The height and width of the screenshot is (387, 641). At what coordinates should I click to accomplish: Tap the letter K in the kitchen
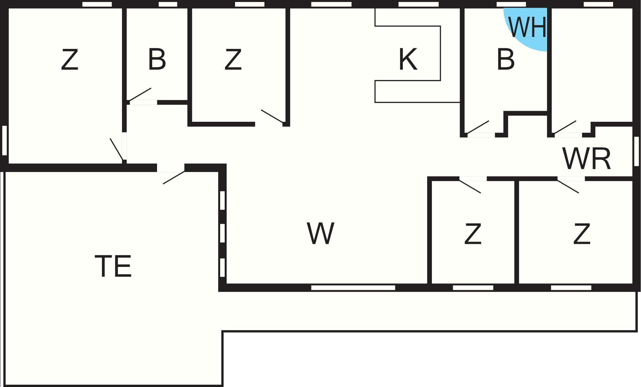pyautogui.click(x=408, y=59)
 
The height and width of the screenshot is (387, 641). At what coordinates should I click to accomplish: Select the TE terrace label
pyautogui.click(x=113, y=266)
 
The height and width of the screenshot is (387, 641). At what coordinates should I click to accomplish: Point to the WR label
pyautogui.click(x=587, y=159)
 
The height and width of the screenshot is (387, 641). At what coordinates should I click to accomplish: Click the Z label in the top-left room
pyautogui.click(x=70, y=59)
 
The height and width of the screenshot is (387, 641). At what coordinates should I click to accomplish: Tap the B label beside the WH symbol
pyautogui.click(x=506, y=59)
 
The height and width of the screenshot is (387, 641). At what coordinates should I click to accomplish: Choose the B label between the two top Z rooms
pyautogui.click(x=157, y=59)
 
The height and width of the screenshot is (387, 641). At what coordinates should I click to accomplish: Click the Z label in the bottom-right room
pyautogui.click(x=582, y=233)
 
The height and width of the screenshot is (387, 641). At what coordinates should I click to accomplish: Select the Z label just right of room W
pyautogui.click(x=473, y=233)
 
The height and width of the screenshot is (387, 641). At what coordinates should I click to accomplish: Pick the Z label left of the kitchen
pyautogui.click(x=233, y=59)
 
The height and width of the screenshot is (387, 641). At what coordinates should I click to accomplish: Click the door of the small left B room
pyautogui.click(x=141, y=96)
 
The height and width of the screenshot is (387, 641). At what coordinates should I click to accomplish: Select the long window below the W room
pyautogui.click(x=353, y=288)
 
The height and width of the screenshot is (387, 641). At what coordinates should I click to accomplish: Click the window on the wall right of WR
pyautogui.click(x=636, y=151)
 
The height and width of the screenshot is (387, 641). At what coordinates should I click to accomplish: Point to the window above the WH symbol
pyautogui.click(x=511, y=4)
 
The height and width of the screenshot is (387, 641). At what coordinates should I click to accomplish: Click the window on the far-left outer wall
pyautogui.click(x=5, y=140)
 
